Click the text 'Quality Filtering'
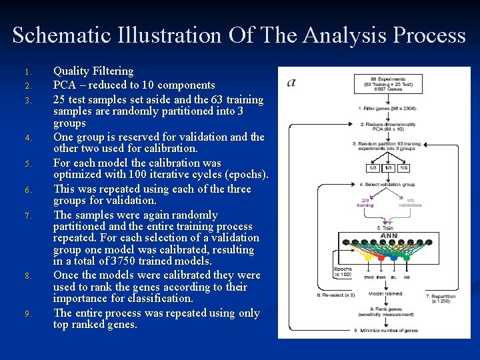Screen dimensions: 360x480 93,71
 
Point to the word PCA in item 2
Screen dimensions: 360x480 66,85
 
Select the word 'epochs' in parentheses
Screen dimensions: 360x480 247,175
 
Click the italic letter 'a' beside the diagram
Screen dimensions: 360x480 291,82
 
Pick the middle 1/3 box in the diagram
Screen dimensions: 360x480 387,167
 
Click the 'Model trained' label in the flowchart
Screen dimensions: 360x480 385,293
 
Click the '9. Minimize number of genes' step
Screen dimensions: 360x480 386,330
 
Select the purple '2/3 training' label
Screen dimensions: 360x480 365,203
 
